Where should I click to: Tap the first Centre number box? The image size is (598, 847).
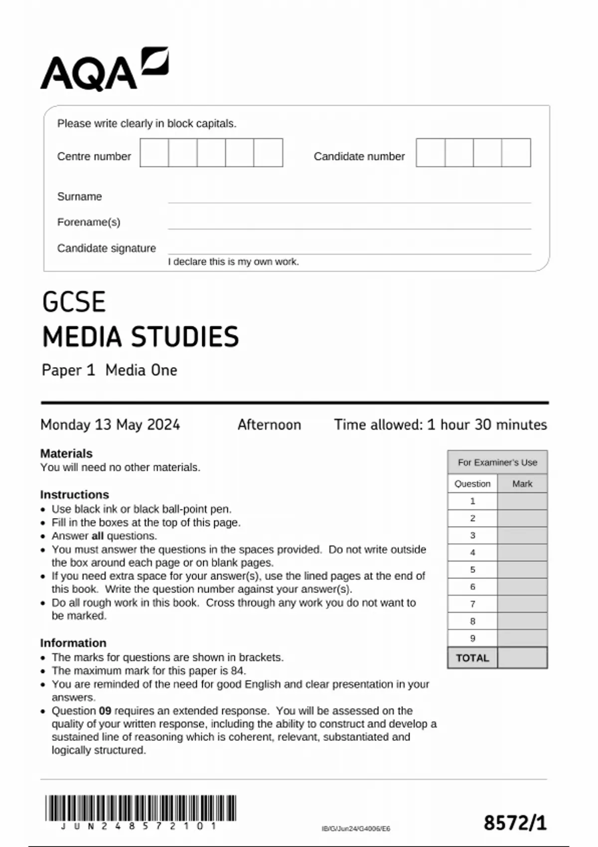154,153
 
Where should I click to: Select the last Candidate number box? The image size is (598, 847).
516,153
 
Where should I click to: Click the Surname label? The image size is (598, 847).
79,196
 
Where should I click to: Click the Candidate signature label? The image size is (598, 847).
106,248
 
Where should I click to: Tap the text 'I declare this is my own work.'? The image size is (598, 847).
233,262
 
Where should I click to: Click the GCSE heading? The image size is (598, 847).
74,302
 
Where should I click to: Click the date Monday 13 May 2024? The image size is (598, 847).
110,424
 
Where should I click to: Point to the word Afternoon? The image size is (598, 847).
269,424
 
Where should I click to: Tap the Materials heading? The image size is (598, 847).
66,453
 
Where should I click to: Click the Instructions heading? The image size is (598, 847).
74,495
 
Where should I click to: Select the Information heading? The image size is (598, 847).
73,643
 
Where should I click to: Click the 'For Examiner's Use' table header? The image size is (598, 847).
497,462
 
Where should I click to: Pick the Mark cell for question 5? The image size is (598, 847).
522,569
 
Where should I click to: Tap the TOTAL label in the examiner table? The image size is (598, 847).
472,658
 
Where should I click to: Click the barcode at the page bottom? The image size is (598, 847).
141,808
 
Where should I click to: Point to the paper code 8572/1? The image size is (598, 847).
515,823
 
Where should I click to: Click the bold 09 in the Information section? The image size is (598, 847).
105,711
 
